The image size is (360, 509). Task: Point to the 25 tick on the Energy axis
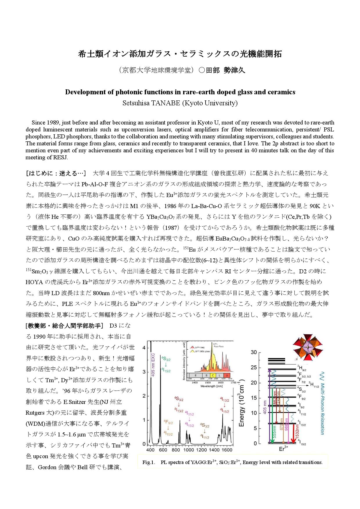[x=254, y=368]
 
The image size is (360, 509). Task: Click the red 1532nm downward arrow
[x=294, y=432]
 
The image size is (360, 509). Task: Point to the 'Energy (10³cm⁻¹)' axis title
[x=242, y=403]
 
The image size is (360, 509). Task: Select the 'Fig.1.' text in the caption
[x=149, y=462]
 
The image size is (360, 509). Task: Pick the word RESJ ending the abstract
[x=60, y=157]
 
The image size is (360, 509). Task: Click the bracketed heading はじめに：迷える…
[x=56, y=173]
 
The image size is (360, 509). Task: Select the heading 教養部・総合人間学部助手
[x=64, y=326]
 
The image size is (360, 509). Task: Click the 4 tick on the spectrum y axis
[x=144, y=348]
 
